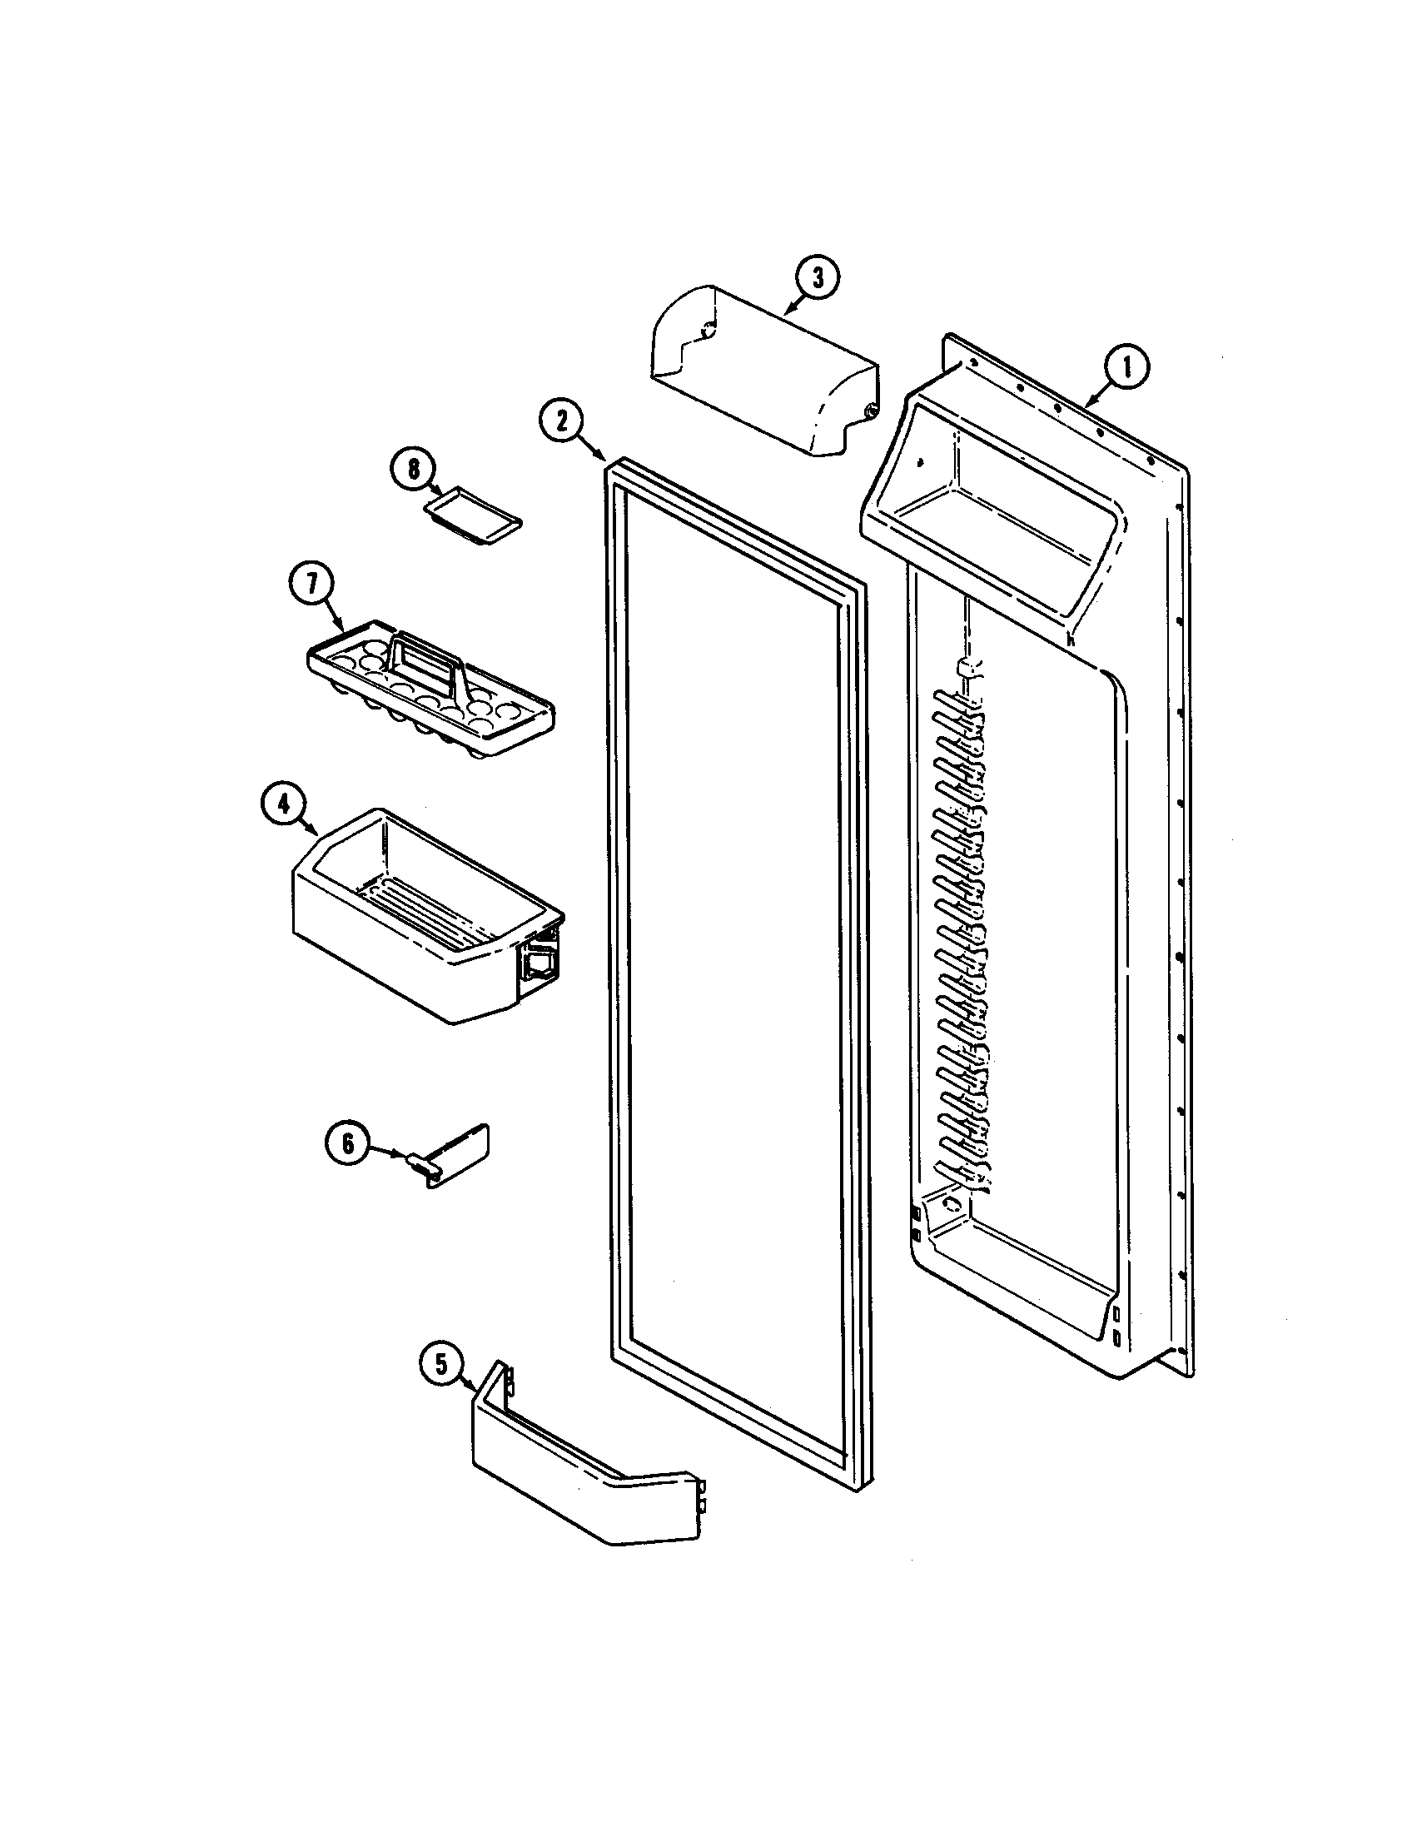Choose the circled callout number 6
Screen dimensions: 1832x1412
click(x=347, y=1144)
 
